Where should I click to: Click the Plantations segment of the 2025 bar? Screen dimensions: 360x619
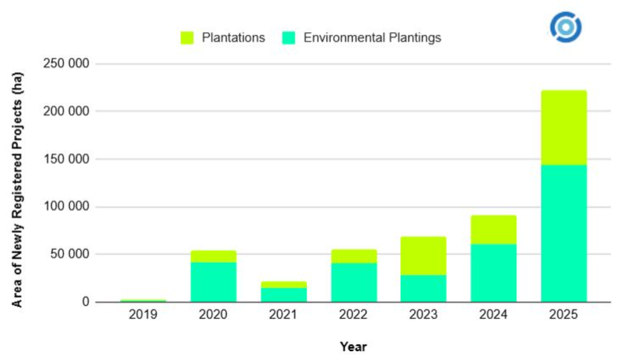click(x=563, y=128)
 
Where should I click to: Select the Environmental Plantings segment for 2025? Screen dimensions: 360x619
click(x=563, y=233)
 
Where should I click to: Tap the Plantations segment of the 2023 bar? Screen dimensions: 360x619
click(x=423, y=256)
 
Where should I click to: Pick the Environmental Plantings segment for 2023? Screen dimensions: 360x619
click(x=423, y=288)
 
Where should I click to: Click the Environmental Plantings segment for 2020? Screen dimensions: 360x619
click(x=213, y=282)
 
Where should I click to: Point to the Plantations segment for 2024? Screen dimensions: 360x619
click(x=493, y=230)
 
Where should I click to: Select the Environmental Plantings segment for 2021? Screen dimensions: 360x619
click(x=283, y=295)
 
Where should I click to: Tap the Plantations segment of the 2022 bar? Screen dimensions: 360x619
click(x=353, y=256)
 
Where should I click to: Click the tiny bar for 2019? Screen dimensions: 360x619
click(x=143, y=300)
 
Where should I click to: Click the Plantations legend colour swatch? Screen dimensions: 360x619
click(x=187, y=38)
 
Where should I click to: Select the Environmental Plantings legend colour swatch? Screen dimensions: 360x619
click(x=289, y=38)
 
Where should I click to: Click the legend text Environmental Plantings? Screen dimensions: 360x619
click(x=372, y=38)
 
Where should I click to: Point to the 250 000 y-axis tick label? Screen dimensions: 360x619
click(x=66, y=64)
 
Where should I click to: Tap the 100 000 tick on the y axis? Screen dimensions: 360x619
click(x=66, y=207)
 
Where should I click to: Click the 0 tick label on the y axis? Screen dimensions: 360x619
click(x=85, y=302)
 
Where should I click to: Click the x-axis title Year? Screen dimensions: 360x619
click(x=353, y=346)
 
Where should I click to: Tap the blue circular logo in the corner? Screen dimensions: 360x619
click(x=566, y=27)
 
